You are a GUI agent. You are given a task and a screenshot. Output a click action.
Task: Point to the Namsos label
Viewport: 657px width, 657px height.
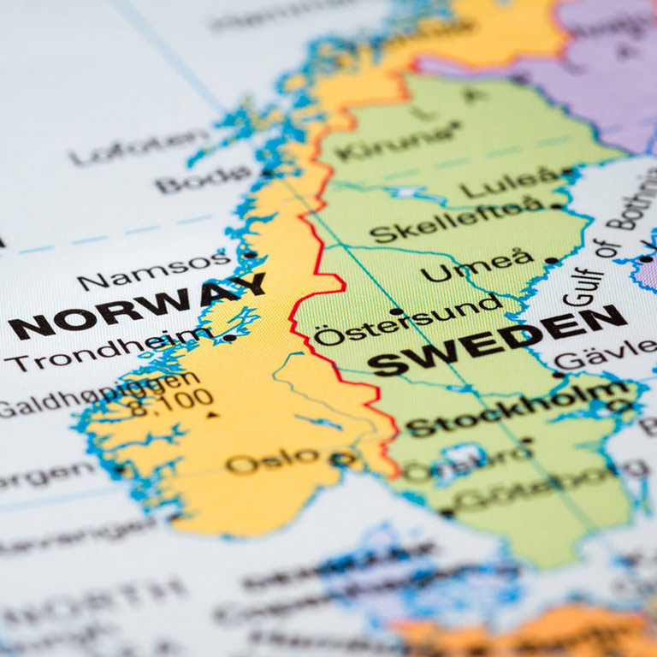[154, 269]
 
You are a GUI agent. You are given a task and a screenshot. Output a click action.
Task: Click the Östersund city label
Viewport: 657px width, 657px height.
[406, 321]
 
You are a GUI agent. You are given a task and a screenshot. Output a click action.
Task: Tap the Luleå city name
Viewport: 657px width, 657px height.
[508, 182]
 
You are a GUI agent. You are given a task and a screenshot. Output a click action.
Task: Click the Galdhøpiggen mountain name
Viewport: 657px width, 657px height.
[103, 394]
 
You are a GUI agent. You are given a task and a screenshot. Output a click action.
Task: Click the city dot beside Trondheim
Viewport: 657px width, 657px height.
[229, 338]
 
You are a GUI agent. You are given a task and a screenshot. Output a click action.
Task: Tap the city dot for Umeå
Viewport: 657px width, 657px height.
[550, 260]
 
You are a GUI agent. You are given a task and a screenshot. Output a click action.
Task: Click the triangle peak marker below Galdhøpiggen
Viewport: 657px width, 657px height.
[211, 416]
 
